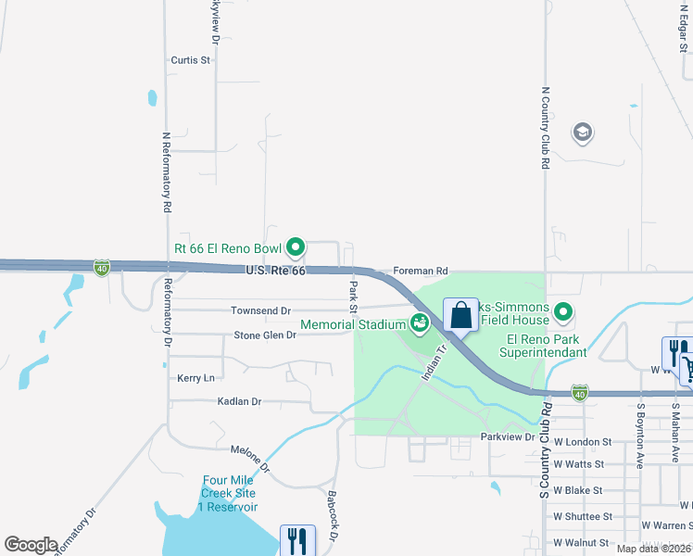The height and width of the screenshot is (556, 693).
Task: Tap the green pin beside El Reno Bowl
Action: click(x=296, y=246)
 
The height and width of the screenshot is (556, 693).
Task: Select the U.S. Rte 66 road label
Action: click(x=275, y=270)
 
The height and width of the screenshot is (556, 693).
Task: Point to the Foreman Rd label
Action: click(x=420, y=271)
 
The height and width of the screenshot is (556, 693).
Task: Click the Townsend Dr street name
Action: click(x=261, y=311)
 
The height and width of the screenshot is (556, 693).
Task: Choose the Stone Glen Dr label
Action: click(x=265, y=335)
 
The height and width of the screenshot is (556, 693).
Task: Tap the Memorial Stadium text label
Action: click(x=353, y=323)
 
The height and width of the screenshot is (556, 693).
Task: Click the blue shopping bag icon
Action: click(x=460, y=315)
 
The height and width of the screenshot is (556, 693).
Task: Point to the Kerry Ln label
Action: click(x=195, y=378)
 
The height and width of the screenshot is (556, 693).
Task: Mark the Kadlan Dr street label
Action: click(x=238, y=402)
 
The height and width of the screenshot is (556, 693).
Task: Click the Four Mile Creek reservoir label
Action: click(x=229, y=494)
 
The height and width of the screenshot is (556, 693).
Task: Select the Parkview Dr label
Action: click(x=508, y=436)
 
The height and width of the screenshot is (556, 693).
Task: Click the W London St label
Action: click(x=582, y=443)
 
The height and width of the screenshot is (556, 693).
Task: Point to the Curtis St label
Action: click(x=191, y=60)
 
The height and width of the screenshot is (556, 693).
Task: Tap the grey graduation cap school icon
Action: click(x=583, y=133)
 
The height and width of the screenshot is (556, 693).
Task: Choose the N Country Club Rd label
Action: click(x=546, y=129)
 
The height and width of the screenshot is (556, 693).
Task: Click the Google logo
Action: click(x=31, y=545)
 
